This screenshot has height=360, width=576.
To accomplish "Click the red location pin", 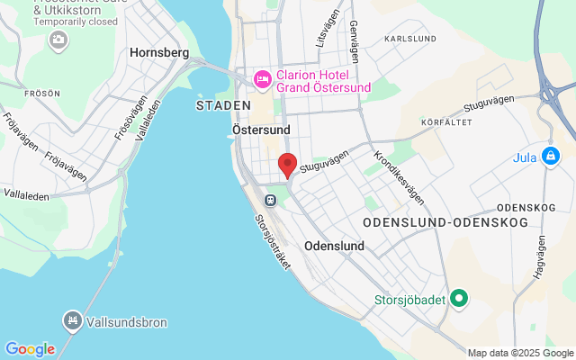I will (287, 165).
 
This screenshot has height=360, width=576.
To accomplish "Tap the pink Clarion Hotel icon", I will (263, 79).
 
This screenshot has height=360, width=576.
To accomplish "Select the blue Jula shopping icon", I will (552, 154).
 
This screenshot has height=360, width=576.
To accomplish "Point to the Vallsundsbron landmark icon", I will (71, 319).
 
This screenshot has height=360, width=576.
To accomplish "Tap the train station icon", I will (269, 199).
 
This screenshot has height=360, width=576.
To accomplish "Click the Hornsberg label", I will (159, 53).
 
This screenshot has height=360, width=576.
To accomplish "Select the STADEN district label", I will (222, 105).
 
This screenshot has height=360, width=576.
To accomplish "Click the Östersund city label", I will (261, 130).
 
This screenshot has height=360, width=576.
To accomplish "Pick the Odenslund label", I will (334, 246).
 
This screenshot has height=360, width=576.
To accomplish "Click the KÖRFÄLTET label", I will (445, 121).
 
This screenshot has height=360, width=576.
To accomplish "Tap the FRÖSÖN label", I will (43, 93).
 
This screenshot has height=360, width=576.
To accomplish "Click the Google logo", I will (30, 349).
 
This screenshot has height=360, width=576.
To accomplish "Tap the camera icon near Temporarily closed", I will (58, 39).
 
